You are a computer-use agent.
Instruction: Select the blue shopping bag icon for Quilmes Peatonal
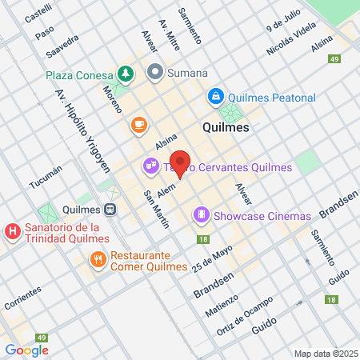coord(214,97)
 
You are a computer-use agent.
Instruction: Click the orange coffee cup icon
coord(138,125)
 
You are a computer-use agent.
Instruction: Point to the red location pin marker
coord(181,164)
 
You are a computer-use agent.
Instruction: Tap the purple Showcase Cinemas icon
coord(201,215)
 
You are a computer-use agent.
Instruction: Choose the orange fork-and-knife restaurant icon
coord(98,259)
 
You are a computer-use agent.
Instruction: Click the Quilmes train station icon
coord(111,210)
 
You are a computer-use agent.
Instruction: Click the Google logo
coord(26,350)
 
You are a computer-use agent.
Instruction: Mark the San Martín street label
coord(156,209)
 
